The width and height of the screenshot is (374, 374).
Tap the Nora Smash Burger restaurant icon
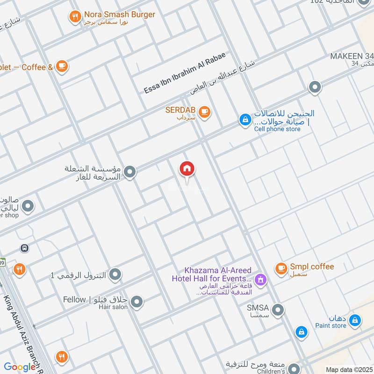(x=75, y=18)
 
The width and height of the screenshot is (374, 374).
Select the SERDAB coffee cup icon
(x=204, y=112)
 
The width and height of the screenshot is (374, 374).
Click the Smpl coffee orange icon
(x=281, y=268)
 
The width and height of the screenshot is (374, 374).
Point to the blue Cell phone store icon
(x=245, y=120)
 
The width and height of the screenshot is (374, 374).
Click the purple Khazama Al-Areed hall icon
(x=261, y=280)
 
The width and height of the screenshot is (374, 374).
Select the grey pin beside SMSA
(x=278, y=309)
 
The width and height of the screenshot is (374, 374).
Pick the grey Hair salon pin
(x=137, y=302)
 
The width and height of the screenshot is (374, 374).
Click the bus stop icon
(x=24, y=248)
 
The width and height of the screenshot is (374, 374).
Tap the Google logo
(x=20, y=367)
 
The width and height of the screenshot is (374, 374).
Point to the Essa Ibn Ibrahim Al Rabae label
(x=185, y=73)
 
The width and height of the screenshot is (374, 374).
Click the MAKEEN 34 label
(x=351, y=56)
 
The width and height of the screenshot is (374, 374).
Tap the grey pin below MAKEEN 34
(x=315, y=87)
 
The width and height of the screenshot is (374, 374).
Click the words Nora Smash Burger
(x=119, y=14)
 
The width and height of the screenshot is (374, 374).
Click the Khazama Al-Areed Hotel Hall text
(x=218, y=275)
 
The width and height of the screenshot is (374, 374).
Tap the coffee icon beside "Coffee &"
(x=62, y=66)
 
